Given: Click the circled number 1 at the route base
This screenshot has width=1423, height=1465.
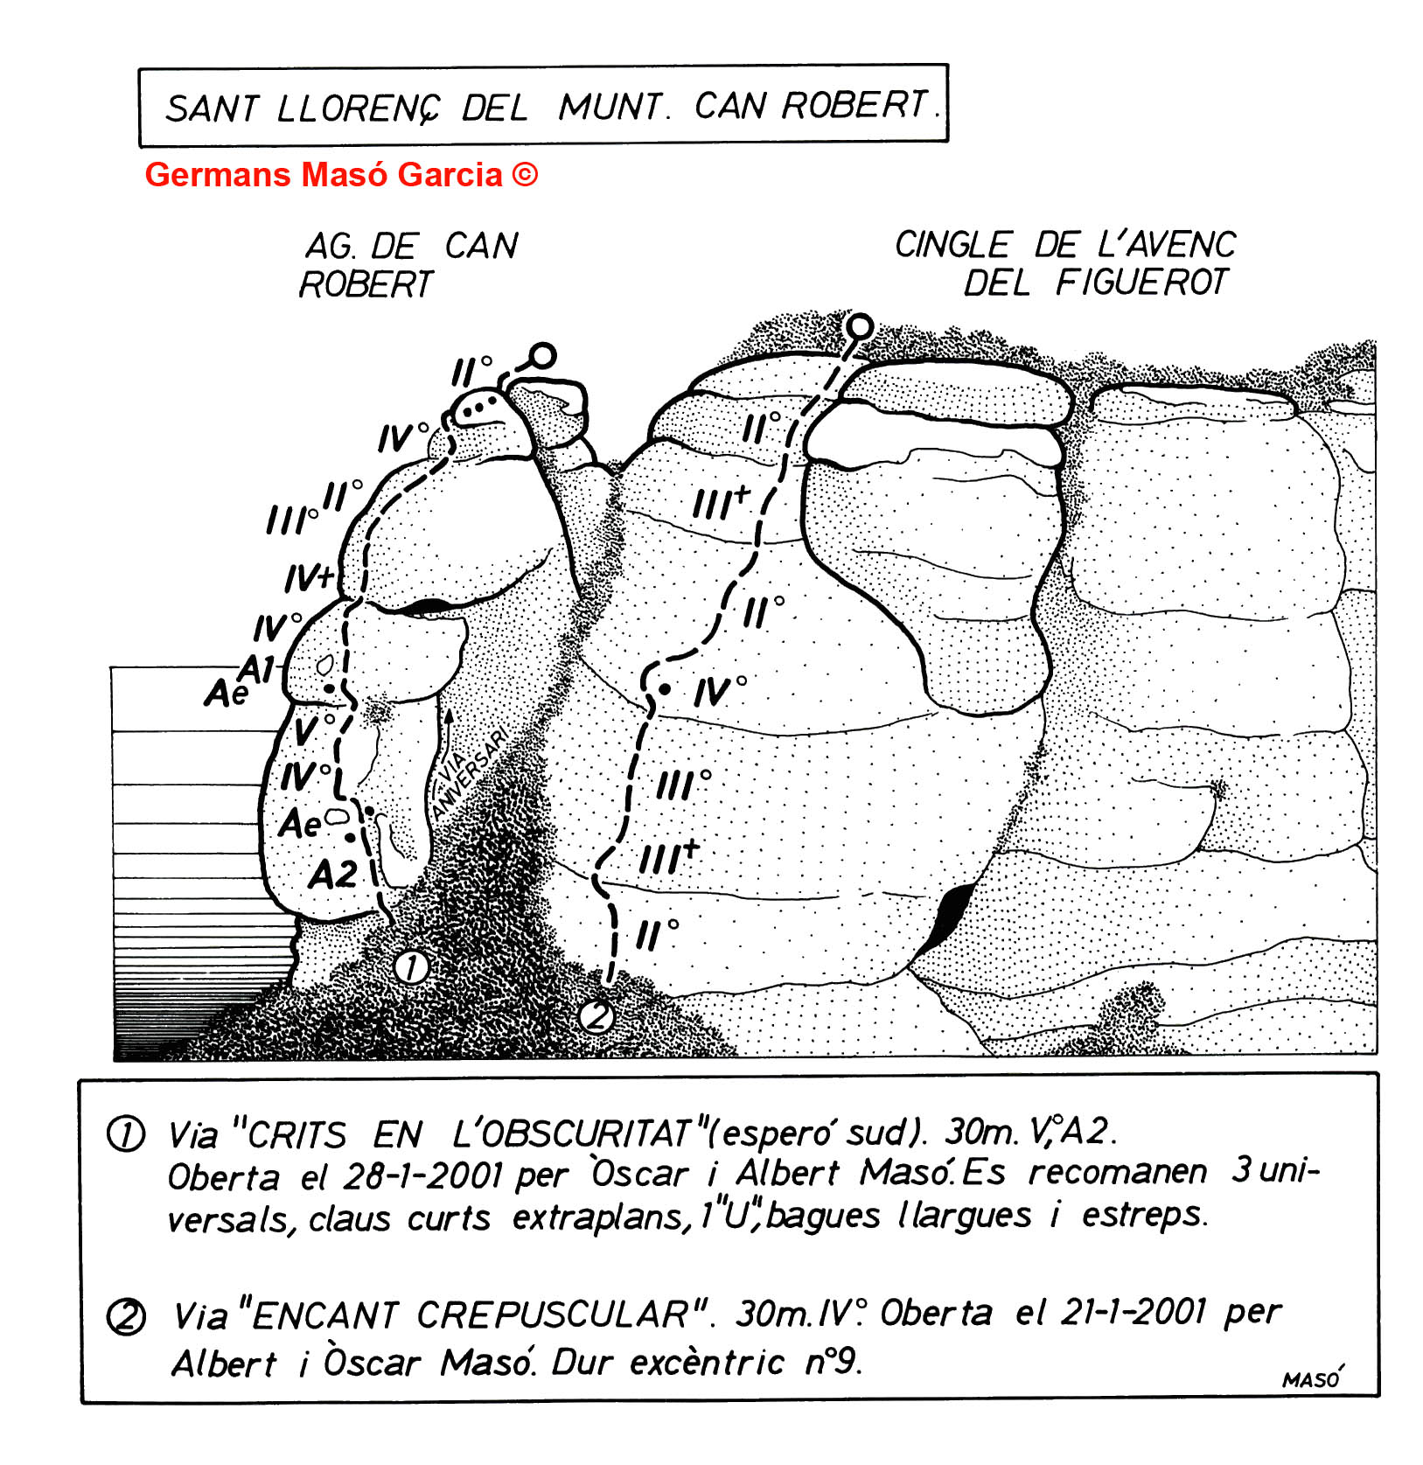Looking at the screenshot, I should pos(411,967).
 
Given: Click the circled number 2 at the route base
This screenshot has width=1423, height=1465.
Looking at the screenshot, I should pos(596,1016).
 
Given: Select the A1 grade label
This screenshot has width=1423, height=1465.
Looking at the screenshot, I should pos(258,670).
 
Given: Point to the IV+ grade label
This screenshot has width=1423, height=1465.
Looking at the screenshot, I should pos(310,578).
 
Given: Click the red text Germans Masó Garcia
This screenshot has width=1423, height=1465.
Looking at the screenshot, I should pos(340,175).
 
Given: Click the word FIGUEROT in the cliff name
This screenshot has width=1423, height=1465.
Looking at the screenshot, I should pos(1140,283).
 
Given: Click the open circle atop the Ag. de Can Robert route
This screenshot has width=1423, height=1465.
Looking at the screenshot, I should pos(543,356).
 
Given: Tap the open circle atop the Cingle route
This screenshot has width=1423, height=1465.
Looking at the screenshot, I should pos(861,327).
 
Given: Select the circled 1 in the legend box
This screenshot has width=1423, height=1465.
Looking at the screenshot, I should pos(125,1134).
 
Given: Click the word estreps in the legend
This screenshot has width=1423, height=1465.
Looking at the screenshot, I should pos(1144,1215).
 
